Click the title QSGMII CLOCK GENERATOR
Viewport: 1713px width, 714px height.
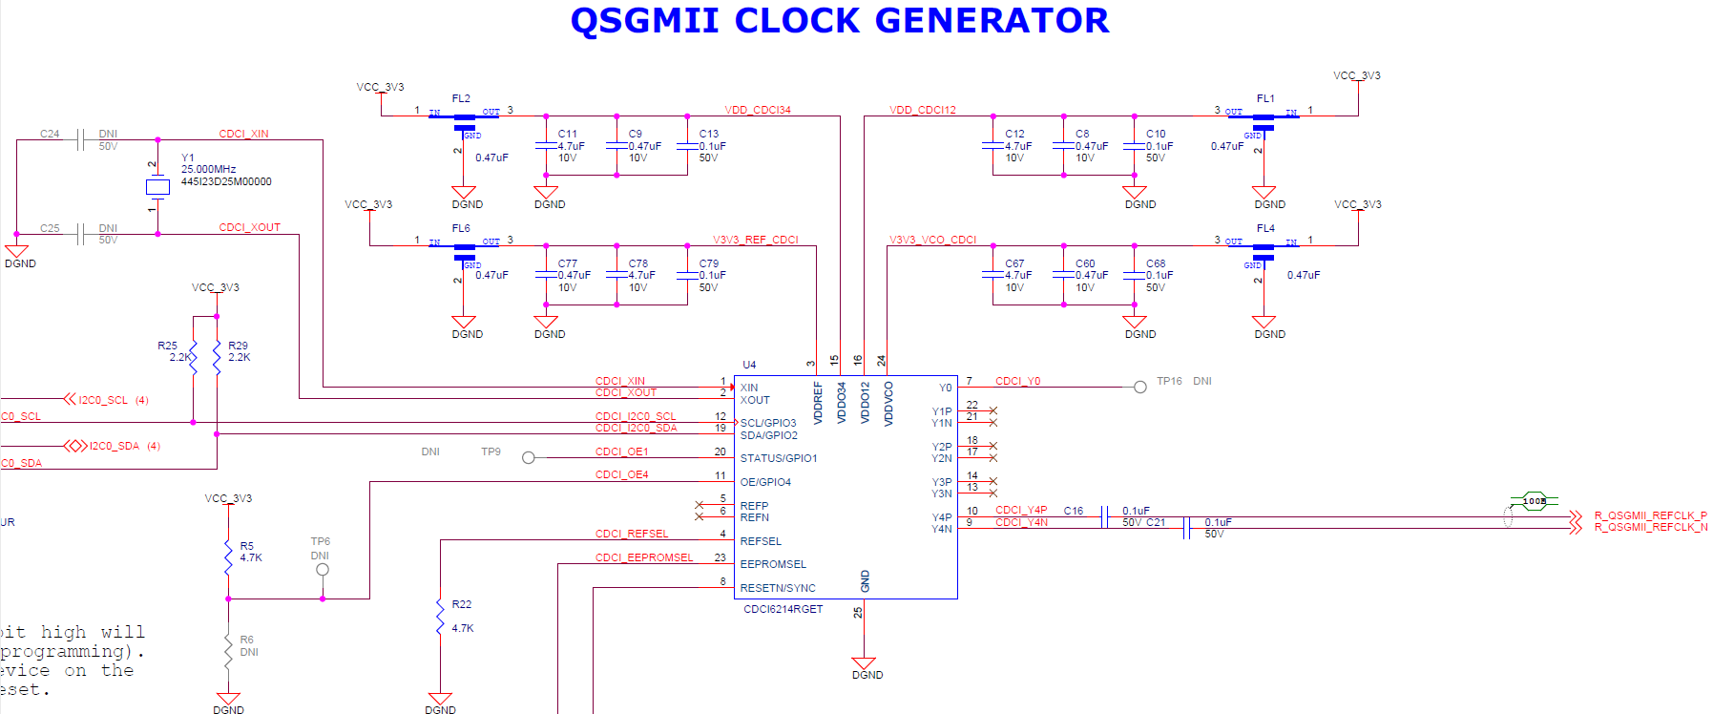[839, 21]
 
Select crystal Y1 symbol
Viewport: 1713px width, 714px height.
[157, 187]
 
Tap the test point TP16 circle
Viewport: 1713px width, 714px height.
[1139, 387]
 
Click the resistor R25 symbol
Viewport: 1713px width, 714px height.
[194, 358]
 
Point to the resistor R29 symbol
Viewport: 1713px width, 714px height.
[217, 358]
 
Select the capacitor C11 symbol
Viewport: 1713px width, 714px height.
[546, 146]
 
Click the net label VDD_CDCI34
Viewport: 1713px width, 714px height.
[757, 110]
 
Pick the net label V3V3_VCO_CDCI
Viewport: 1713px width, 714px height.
[932, 240]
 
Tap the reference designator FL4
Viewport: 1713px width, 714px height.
[1265, 228]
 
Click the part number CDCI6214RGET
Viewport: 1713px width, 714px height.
[783, 609]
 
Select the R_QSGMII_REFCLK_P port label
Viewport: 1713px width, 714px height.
[1650, 515]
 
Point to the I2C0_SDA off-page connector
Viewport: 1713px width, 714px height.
[75, 446]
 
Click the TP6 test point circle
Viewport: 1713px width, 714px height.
[323, 570]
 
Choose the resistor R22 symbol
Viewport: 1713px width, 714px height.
[440, 618]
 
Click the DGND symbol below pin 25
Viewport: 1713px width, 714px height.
[864, 664]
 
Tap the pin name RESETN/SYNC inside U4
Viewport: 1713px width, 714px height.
[777, 588]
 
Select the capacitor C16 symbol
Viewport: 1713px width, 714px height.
[1104, 516]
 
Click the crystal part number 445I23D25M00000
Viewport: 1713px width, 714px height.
[226, 181]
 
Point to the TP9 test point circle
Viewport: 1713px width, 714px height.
[529, 458]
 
